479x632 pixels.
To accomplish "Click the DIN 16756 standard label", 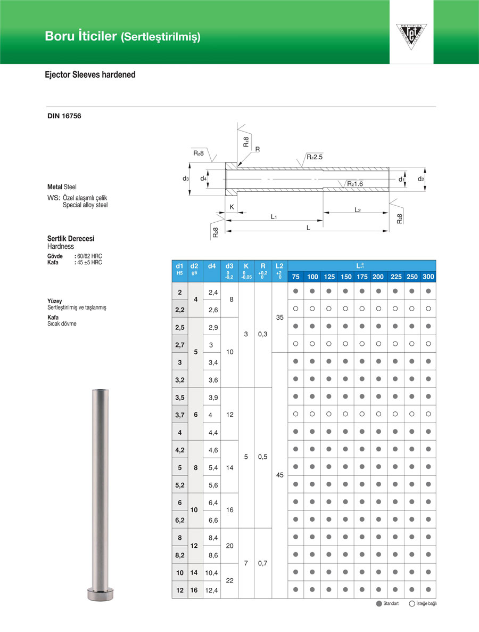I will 64,116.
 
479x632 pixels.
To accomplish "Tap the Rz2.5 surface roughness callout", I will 315,157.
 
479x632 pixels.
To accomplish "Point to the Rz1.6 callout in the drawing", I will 355,184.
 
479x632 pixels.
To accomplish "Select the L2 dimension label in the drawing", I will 358,210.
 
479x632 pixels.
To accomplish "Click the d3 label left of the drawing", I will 186,179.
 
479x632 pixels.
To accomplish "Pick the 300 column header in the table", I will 428,277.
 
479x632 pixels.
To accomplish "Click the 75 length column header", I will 296,277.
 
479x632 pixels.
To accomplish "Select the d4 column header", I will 212,265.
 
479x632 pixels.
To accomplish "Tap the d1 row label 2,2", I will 179,309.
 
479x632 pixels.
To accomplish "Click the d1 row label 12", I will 179,590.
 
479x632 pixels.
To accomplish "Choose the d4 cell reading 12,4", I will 212,590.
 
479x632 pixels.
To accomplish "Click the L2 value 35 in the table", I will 279,317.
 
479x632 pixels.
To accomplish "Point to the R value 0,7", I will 263,563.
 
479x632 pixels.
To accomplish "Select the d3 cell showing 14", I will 229,467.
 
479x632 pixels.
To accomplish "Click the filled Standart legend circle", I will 379,604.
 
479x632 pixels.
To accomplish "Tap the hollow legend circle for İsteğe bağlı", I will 412,604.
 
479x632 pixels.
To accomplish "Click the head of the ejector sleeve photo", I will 101,593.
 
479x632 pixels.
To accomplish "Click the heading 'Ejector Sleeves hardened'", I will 90,75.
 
